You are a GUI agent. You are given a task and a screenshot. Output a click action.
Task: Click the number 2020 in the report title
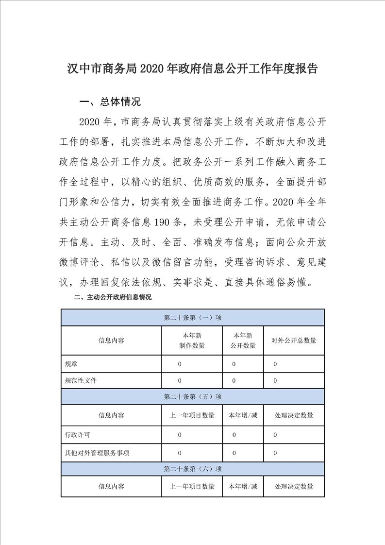click(x=151, y=68)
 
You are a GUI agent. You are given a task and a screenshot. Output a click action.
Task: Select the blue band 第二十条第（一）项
click(x=193, y=317)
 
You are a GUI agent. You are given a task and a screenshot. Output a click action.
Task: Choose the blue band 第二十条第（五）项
click(x=193, y=397)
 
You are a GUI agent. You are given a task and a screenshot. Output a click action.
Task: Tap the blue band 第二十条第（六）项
click(x=193, y=469)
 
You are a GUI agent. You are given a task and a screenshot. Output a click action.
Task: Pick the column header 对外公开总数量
click(x=294, y=341)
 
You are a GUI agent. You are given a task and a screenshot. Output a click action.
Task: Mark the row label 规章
click(x=71, y=364)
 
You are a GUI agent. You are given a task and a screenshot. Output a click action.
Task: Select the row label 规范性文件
click(x=81, y=380)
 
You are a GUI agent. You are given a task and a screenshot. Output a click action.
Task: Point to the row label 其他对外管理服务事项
click(x=97, y=453)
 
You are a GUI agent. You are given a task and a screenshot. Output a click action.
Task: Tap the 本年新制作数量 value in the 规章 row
click(x=180, y=364)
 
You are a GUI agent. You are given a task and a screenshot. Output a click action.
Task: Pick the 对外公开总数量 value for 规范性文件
click(x=275, y=380)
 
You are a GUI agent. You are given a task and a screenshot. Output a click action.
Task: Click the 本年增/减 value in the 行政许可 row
click(x=234, y=435)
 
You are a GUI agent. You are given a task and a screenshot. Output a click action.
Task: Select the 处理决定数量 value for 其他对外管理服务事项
click(x=275, y=453)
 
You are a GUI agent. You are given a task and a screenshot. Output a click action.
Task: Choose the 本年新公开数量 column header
click(x=243, y=341)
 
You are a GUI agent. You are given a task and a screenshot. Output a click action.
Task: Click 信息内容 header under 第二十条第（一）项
click(x=111, y=341)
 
